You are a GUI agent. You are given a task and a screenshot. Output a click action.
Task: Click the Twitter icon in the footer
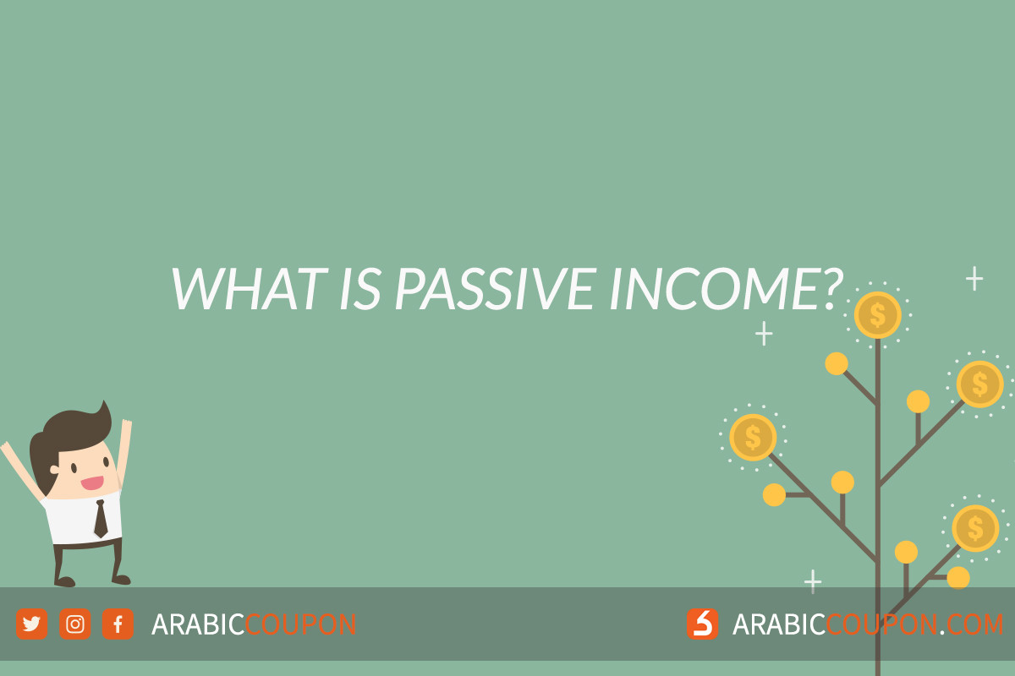[32, 624]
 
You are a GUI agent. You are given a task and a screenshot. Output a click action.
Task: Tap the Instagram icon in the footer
[75, 624]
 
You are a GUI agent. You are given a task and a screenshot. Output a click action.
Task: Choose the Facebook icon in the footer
[118, 624]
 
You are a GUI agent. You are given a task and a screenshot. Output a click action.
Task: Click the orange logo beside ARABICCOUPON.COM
[703, 624]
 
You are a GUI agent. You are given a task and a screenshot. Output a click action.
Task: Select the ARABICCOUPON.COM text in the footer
[868, 624]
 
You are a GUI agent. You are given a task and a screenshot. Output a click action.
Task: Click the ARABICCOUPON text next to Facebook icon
[254, 624]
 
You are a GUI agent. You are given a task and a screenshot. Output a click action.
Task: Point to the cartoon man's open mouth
[92, 483]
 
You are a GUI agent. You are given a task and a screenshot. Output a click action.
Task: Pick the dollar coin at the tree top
[877, 315]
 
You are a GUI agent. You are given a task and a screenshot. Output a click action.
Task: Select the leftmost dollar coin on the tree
[753, 438]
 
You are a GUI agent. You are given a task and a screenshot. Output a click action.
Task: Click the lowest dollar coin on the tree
[975, 528]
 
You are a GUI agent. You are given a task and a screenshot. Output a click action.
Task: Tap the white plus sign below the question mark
[764, 334]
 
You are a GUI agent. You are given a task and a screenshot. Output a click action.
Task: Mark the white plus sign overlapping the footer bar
[813, 581]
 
